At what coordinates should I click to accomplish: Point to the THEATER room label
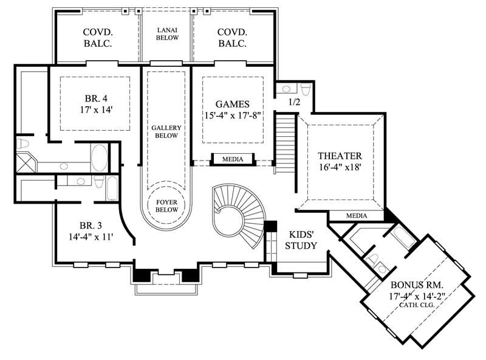[x=340, y=155]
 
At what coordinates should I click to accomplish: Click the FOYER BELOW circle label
[x=166, y=204]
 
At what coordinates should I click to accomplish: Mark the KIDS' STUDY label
[x=301, y=240]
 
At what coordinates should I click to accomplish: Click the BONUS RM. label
[x=417, y=285]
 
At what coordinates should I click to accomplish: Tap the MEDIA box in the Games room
[x=232, y=159]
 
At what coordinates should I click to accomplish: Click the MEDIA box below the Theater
[x=357, y=215]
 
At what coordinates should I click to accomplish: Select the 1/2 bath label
[x=293, y=102]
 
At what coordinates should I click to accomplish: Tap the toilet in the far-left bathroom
[x=23, y=144]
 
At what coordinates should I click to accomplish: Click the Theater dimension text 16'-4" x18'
[x=340, y=168]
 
